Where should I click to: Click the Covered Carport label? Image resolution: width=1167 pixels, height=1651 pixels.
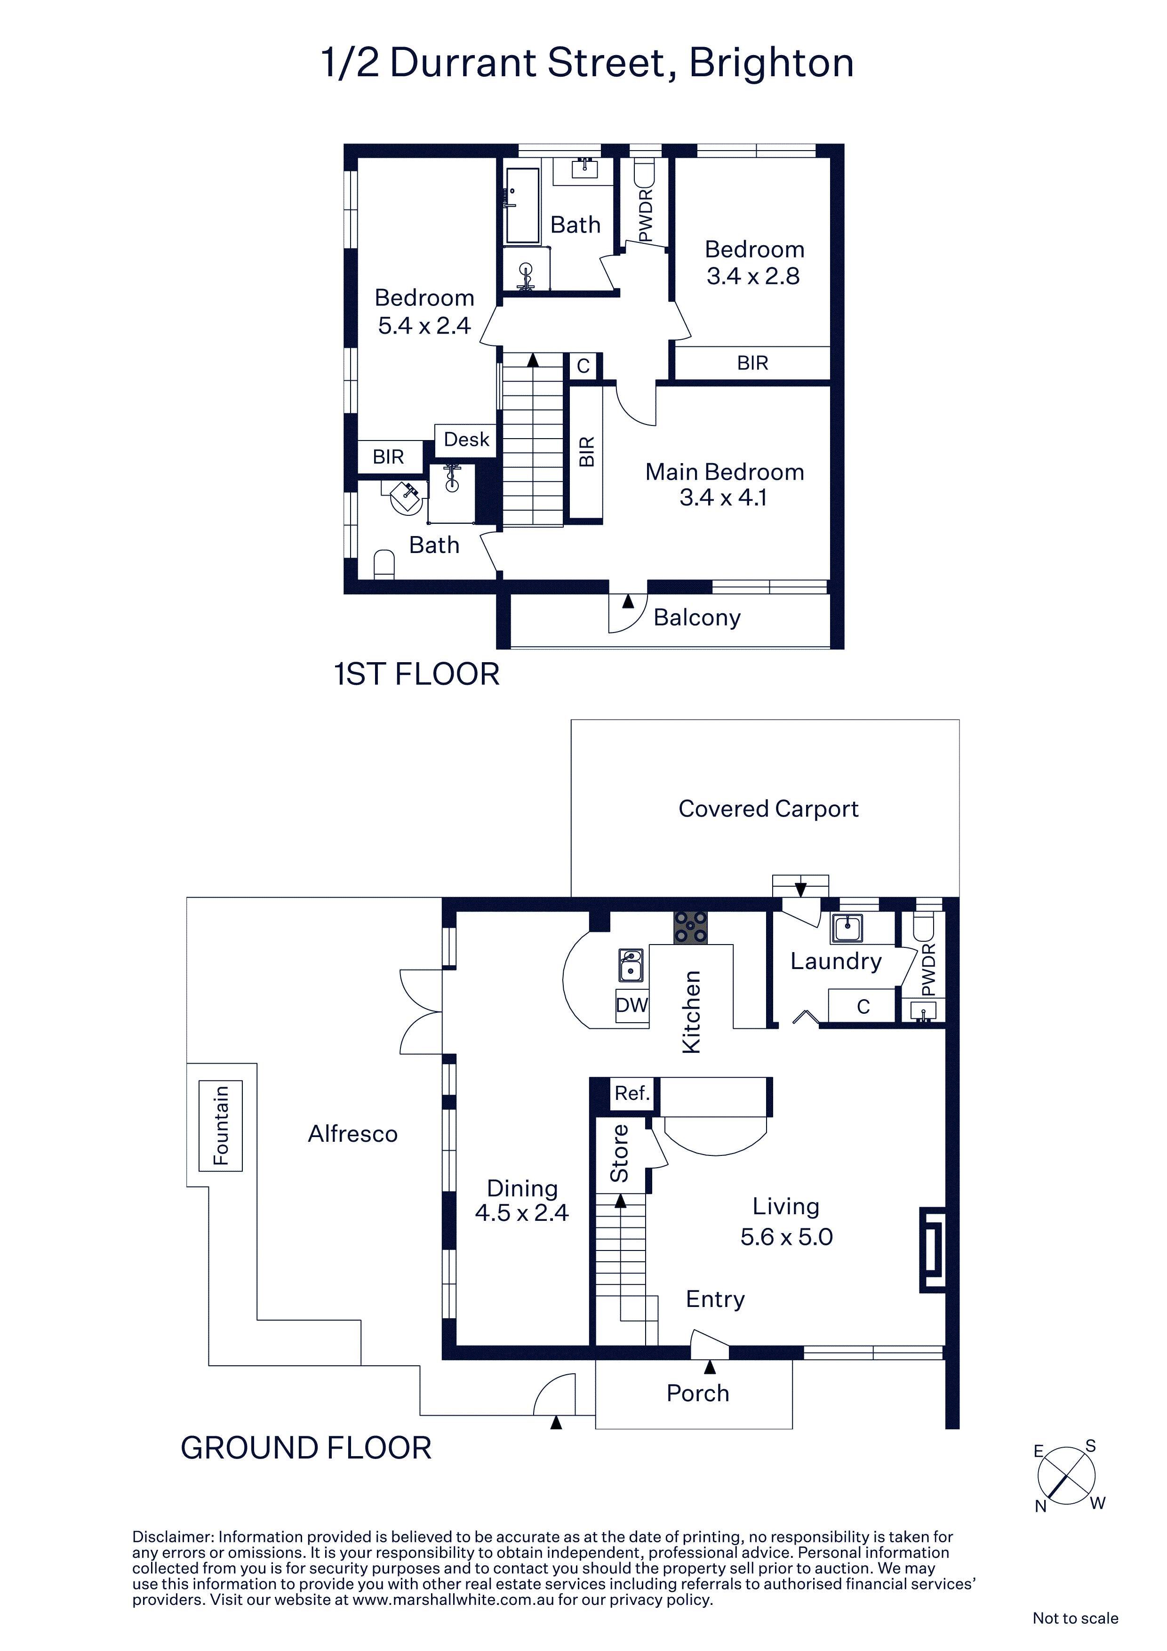(x=768, y=809)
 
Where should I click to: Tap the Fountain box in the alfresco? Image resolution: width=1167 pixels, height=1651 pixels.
(x=220, y=1125)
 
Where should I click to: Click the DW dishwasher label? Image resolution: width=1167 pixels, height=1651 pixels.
(x=632, y=1004)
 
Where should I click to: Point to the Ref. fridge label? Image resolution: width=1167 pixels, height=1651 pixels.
(x=632, y=1093)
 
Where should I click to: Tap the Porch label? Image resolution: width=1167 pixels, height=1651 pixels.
(x=697, y=1393)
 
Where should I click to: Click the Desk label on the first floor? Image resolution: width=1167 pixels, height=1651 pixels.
(x=466, y=440)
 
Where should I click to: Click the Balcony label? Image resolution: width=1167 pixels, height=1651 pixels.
(x=697, y=617)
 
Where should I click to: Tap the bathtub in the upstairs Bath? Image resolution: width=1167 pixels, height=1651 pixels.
(x=523, y=206)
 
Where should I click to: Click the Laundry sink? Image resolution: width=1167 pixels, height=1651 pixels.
(x=847, y=928)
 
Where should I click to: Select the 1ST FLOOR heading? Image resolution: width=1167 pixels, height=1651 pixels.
(x=416, y=674)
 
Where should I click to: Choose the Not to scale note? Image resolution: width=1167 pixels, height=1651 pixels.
(x=1075, y=1618)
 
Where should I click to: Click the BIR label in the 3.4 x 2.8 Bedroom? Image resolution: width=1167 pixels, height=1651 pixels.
(x=752, y=363)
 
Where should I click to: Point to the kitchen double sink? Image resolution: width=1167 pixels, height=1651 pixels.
(x=631, y=965)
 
